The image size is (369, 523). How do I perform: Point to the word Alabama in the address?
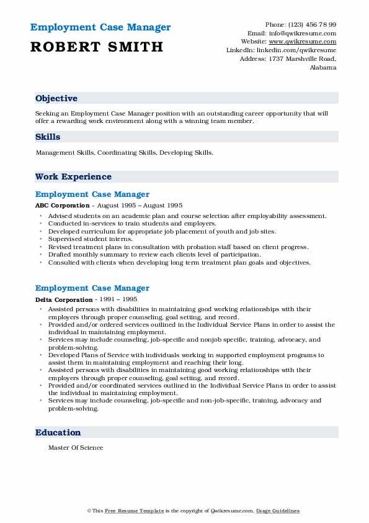(322, 68)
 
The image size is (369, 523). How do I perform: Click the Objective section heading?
(56, 98)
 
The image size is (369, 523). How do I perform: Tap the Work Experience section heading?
(73, 176)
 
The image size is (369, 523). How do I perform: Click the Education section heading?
(58, 432)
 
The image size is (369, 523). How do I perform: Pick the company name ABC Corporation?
(63, 205)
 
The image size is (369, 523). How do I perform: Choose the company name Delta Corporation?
(64, 299)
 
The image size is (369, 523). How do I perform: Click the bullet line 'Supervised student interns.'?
(91, 239)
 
